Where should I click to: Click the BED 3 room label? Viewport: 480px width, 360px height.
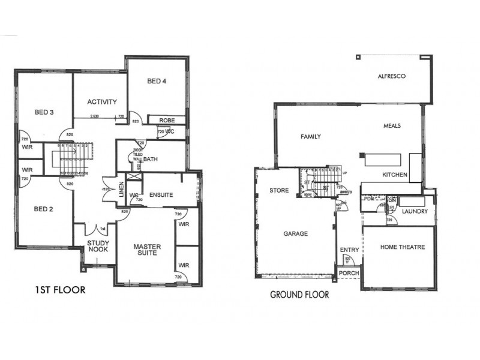pos(44,112)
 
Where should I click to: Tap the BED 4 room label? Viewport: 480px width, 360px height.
pos(156,81)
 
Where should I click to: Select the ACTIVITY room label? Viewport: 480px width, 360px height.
pos(101,101)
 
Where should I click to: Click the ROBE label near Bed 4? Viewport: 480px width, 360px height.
pos(167,121)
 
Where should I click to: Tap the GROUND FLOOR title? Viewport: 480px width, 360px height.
pos(299,295)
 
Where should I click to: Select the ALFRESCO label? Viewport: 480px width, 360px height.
pos(392,77)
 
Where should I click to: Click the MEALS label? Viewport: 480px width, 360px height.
pos(392,126)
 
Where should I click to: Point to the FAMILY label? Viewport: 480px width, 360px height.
pos(310,137)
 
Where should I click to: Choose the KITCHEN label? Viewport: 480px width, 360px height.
pos(395,175)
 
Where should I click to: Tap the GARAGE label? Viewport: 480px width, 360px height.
pos(296,233)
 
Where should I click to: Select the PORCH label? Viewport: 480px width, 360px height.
pos(349,273)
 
